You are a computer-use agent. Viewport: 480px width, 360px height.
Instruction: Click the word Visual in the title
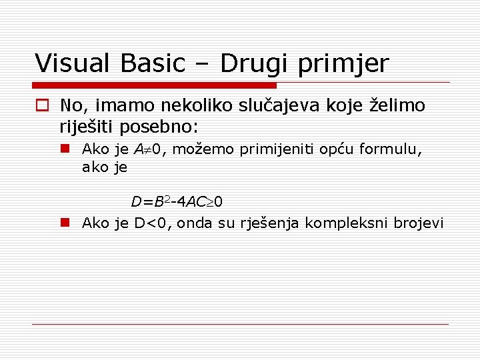point(75,63)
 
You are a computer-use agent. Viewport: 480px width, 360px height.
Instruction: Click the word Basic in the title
point(153,63)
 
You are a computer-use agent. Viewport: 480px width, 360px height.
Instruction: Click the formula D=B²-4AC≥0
point(177,201)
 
